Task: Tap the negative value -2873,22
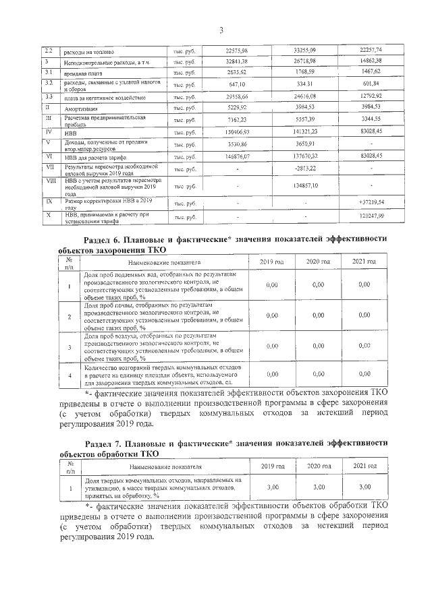click(x=305, y=169)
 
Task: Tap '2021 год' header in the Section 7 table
click(x=364, y=466)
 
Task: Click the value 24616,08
click(x=305, y=96)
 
